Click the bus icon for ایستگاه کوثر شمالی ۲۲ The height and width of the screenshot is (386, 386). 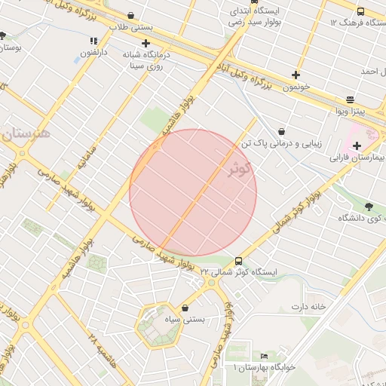tap(239, 260)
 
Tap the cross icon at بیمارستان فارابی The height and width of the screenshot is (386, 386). tap(357, 145)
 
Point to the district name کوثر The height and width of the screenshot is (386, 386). tap(237, 169)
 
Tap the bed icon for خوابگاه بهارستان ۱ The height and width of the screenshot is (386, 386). tap(264, 356)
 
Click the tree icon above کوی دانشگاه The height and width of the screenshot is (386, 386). tap(368, 207)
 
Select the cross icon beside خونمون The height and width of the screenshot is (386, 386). tap(296, 75)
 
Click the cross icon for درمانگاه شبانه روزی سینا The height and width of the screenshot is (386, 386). tap(146, 43)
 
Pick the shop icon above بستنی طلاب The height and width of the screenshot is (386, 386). tap(132, 15)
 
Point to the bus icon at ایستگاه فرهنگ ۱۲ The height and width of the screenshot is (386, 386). tap(360, 11)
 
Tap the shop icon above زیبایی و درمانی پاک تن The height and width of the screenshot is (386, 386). tap(281, 131)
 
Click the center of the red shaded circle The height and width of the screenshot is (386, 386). tap(193, 192)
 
